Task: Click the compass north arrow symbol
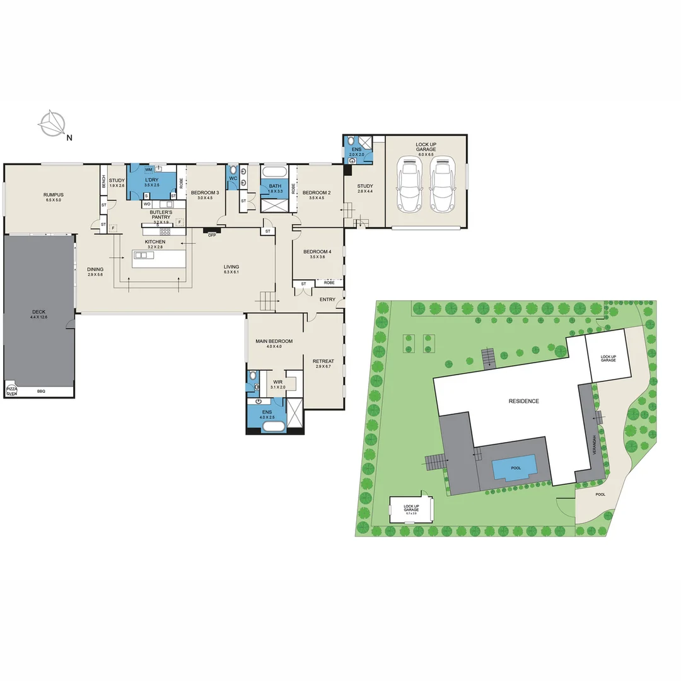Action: tap(51, 124)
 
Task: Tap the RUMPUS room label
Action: tap(54, 195)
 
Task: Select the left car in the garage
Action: tap(410, 185)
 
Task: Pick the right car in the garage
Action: tap(443, 185)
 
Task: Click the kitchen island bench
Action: tap(160, 259)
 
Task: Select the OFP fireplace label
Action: tap(212, 235)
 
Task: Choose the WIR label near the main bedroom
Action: tap(277, 381)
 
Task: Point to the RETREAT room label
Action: tap(323, 361)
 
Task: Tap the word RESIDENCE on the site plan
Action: tap(524, 401)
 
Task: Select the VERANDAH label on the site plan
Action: tap(593, 441)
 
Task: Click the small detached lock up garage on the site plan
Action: tap(412, 510)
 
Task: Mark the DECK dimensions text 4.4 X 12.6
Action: tap(38, 318)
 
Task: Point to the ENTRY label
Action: tap(327, 300)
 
